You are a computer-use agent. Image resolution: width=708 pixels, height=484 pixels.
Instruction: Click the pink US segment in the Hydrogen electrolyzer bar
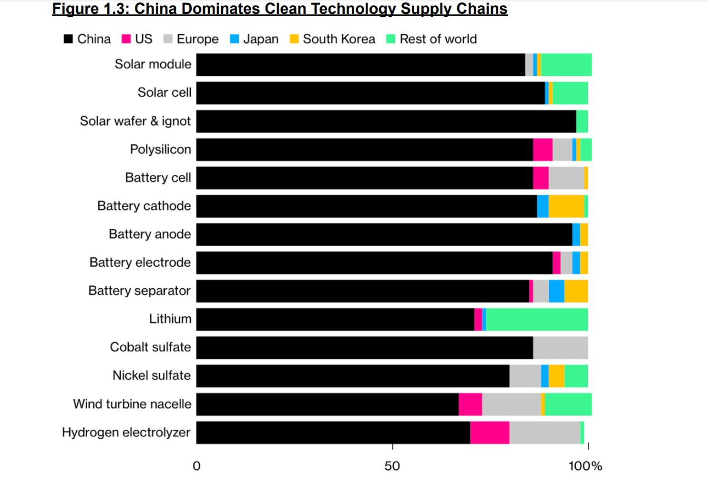click(490, 433)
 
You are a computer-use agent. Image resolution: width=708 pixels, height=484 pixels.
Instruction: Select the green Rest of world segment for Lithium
click(537, 319)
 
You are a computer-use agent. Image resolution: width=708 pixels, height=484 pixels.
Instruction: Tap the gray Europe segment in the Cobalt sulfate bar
click(560, 348)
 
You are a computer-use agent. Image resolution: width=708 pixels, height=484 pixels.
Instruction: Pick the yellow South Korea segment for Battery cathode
click(566, 206)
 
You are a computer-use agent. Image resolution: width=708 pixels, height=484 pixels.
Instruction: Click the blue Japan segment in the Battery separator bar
click(556, 291)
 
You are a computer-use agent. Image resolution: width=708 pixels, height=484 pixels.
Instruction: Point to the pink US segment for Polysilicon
click(543, 150)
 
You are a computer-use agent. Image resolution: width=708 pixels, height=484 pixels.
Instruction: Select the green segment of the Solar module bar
click(566, 65)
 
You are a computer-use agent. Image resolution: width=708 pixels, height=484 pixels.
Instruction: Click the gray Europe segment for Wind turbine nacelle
click(511, 404)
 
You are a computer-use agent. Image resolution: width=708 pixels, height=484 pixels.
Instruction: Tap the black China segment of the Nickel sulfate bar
click(353, 376)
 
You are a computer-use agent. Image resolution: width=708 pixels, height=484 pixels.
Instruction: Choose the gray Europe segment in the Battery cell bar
click(566, 178)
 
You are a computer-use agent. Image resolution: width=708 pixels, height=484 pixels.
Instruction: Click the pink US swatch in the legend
click(126, 39)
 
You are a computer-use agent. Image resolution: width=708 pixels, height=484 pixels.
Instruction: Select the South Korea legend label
click(339, 39)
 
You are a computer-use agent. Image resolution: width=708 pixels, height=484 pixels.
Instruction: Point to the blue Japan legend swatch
click(235, 39)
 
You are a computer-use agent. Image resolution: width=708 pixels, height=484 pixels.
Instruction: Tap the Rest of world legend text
click(438, 39)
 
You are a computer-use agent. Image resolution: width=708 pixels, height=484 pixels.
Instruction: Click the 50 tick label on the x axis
click(392, 466)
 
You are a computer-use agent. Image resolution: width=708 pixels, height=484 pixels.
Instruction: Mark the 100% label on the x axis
click(585, 466)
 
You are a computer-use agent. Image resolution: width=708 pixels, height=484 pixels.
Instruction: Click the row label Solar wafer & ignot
click(135, 121)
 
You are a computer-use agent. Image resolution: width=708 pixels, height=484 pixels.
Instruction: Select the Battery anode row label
click(150, 234)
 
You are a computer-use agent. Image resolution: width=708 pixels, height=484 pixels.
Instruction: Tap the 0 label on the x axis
click(196, 466)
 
